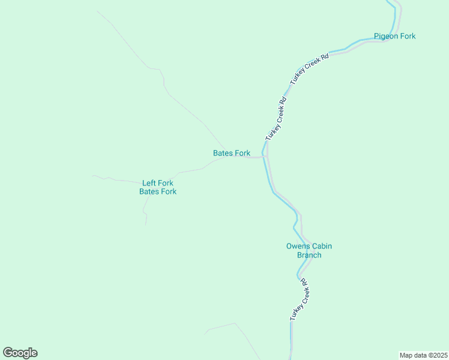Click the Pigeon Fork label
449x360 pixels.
click(394, 36)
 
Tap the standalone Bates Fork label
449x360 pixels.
click(232, 153)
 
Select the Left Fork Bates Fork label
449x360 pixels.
click(158, 187)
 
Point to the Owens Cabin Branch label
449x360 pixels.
click(309, 250)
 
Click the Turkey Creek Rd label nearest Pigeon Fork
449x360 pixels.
click(310, 69)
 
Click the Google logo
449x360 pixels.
click(20, 353)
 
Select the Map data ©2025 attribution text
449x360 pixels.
click(423, 355)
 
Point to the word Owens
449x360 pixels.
click(297, 246)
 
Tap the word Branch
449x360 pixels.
click(309, 255)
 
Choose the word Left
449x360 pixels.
click(149, 183)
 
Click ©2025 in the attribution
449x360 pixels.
click(436, 355)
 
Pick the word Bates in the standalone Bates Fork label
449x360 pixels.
click(223, 153)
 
